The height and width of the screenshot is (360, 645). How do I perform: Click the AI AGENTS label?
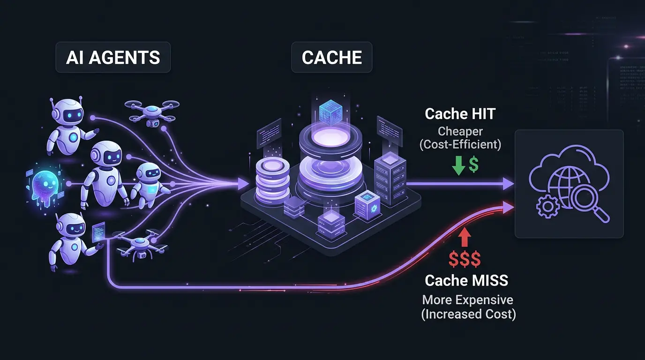point(113,58)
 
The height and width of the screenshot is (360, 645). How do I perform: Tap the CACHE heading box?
point(332,58)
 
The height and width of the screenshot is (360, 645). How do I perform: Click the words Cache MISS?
point(466,281)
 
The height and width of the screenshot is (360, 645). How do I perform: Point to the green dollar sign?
point(474,165)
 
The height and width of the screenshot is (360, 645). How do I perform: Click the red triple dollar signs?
point(464,259)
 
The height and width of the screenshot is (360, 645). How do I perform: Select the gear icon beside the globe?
point(547,206)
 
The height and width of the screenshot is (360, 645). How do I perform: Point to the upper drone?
point(151,112)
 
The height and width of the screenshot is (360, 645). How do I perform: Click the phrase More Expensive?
point(468,300)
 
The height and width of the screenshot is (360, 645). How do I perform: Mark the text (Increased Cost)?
point(469,314)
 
